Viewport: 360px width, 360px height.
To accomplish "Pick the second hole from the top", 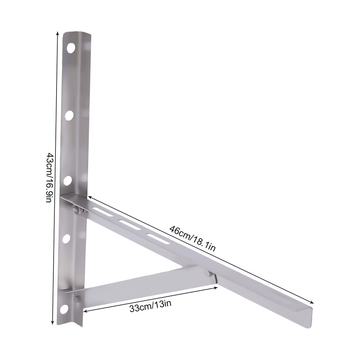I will [x=69, y=115].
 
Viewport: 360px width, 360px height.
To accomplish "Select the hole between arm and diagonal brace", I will [x=66, y=238].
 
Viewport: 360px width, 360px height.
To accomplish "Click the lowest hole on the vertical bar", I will [x=64, y=309].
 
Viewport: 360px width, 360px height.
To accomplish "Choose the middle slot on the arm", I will [x=130, y=225].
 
